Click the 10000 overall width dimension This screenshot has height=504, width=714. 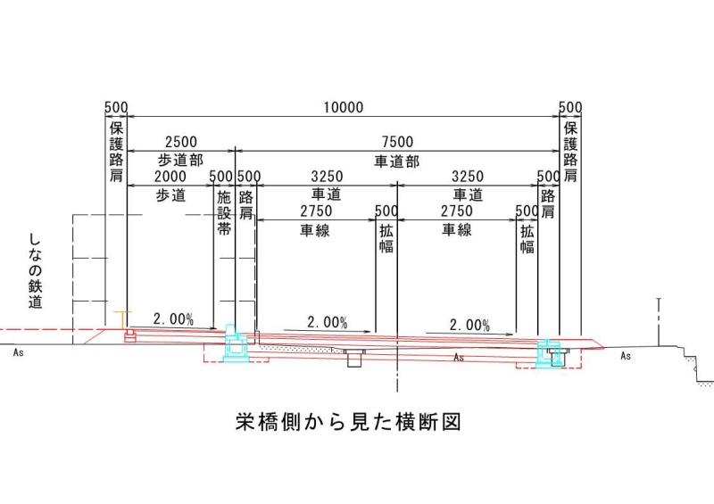(x=344, y=108)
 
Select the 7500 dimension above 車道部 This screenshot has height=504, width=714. (x=397, y=142)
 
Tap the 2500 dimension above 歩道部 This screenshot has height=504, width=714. (x=181, y=142)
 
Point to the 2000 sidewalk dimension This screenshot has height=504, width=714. (x=170, y=177)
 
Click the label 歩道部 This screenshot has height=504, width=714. (x=181, y=161)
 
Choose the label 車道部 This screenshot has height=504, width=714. (x=396, y=161)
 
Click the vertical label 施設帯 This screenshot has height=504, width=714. (x=224, y=213)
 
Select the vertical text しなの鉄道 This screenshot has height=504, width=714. (x=35, y=271)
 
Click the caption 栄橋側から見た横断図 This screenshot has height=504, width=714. (x=348, y=422)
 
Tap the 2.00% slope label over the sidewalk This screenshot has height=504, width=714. (x=173, y=319)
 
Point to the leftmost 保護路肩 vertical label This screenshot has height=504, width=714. (x=116, y=152)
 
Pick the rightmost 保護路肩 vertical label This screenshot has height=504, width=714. (x=570, y=152)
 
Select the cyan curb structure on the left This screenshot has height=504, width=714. (x=236, y=343)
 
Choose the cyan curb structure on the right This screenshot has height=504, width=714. (x=548, y=352)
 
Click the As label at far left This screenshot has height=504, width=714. (x=18, y=352)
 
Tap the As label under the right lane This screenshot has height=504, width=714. (x=459, y=358)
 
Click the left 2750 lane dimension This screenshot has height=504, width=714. (x=316, y=211)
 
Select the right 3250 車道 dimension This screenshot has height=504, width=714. (x=468, y=177)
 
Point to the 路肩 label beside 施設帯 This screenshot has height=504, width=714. (x=246, y=205)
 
